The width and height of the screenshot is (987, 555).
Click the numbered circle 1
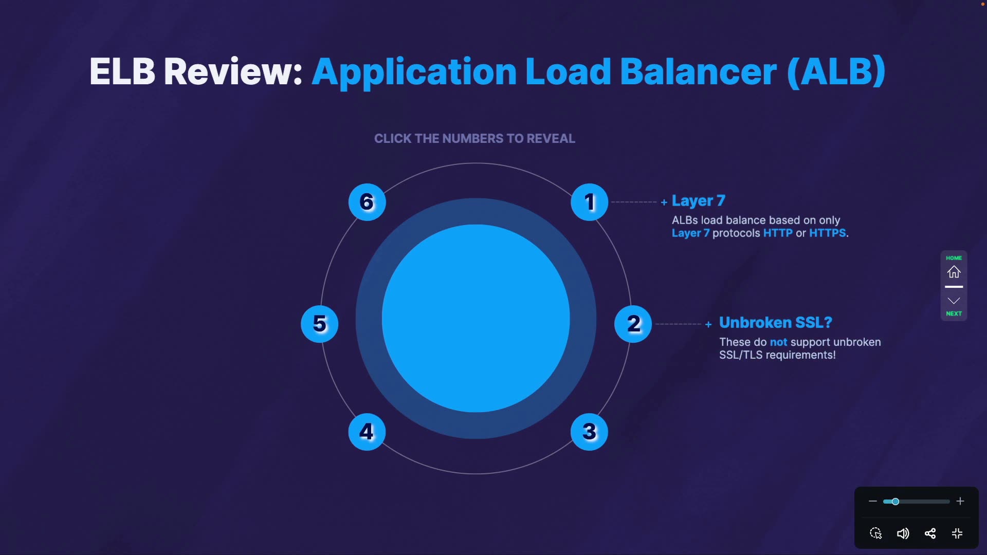click(x=589, y=202)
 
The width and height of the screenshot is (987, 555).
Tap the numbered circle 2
click(x=633, y=324)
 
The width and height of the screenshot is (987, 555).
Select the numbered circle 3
click(x=589, y=432)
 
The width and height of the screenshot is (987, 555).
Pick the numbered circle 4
click(x=367, y=432)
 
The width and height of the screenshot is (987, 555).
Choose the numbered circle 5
click(x=319, y=324)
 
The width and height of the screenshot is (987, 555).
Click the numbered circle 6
click(x=367, y=202)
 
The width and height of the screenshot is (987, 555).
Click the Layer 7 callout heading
click(x=698, y=200)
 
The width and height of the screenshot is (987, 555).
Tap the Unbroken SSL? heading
click(x=775, y=322)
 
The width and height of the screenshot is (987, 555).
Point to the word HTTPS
click(x=827, y=233)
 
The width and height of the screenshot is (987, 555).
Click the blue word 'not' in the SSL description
click(x=778, y=342)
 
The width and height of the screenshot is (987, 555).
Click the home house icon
click(x=954, y=271)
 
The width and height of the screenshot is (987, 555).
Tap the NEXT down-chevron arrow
click(x=954, y=301)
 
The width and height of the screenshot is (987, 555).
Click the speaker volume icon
click(x=903, y=533)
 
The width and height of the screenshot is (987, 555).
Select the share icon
click(x=930, y=533)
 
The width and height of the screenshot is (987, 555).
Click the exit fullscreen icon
click(x=957, y=533)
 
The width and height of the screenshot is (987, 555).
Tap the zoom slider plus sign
click(x=960, y=501)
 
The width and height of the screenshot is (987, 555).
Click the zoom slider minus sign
click(x=872, y=501)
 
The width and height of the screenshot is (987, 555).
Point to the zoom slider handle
click(x=895, y=501)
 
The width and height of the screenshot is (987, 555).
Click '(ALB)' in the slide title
click(x=836, y=71)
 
